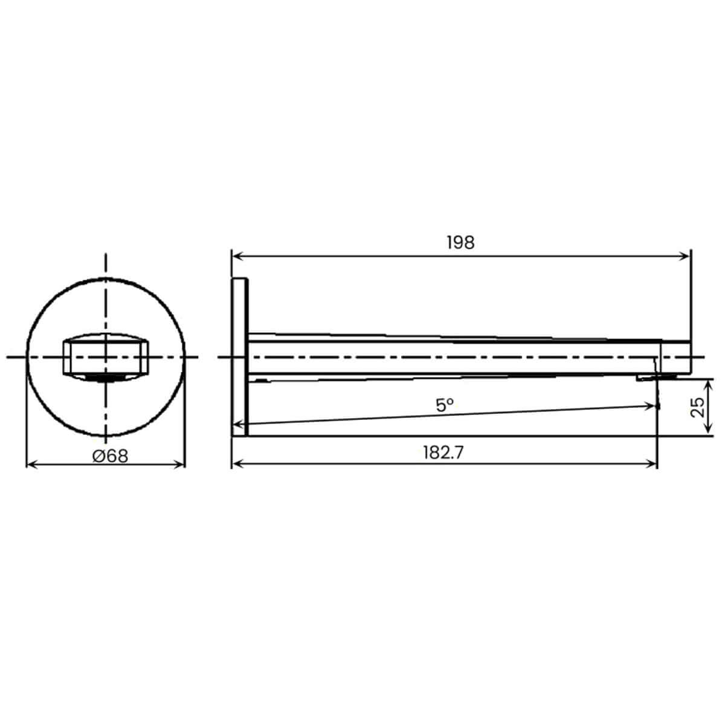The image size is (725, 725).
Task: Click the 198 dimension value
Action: coord(460,243)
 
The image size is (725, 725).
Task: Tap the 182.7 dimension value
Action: coord(443,453)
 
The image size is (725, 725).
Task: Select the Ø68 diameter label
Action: coord(110,457)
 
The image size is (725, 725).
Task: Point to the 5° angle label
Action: coord(445,405)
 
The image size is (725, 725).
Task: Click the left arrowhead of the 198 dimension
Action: coord(239,257)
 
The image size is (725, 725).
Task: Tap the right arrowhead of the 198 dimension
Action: coord(685,257)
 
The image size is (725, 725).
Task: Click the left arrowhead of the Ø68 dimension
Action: coord(33,466)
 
